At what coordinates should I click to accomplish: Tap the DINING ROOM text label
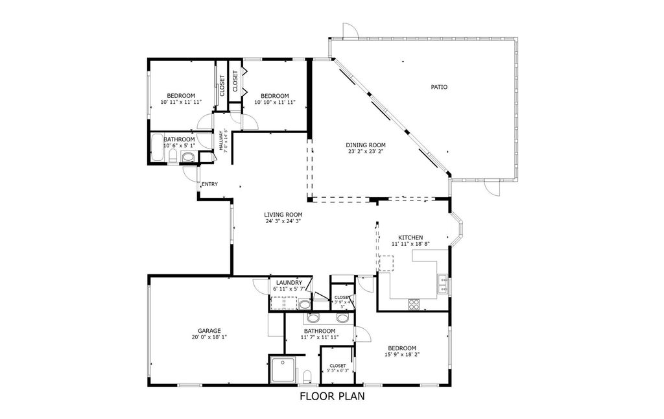coord(366,145)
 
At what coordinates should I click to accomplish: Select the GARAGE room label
coord(206,331)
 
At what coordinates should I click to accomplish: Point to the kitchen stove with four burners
coord(414,304)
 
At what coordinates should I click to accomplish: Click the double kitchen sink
coord(442,283)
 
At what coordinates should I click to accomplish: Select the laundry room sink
coord(305,304)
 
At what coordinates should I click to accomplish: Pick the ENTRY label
coord(209,184)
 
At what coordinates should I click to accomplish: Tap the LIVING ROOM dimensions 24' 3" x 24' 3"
coord(283,221)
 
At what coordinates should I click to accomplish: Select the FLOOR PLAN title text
coord(331,396)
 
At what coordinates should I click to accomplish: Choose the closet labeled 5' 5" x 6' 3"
coord(338,368)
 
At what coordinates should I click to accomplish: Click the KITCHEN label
coord(410,237)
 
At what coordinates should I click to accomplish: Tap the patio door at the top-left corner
coord(349,30)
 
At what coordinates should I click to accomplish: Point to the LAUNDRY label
coord(289,283)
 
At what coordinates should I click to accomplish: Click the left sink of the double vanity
coord(314,318)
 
